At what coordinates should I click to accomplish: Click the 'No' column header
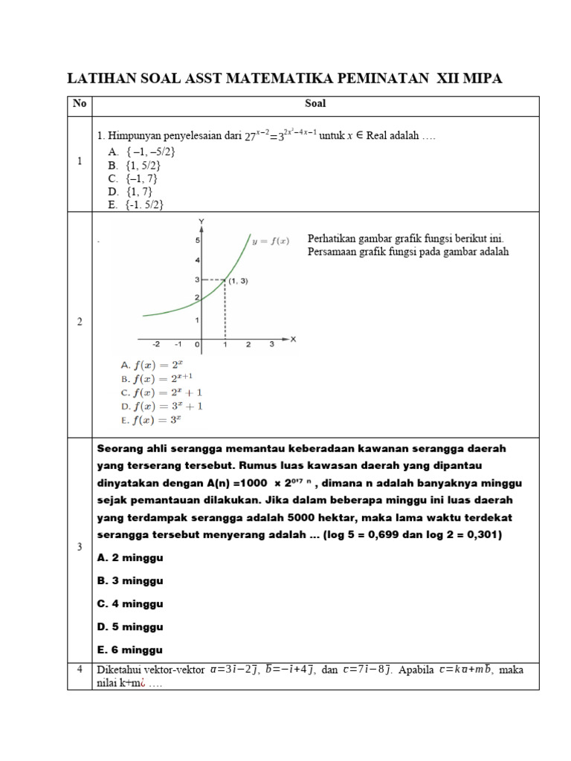(79, 104)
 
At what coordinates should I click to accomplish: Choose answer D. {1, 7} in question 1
(130, 191)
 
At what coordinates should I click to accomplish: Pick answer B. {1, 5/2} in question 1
(135, 164)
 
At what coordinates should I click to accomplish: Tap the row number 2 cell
(79, 322)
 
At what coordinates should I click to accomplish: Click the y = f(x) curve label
(271, 240)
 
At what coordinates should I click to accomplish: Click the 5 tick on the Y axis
(197, 240)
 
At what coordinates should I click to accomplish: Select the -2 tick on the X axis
(156, 345)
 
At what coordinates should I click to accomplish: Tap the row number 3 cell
(79, 547)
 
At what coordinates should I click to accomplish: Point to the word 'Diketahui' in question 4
(120, 670)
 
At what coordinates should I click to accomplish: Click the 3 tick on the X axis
(272, 345)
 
